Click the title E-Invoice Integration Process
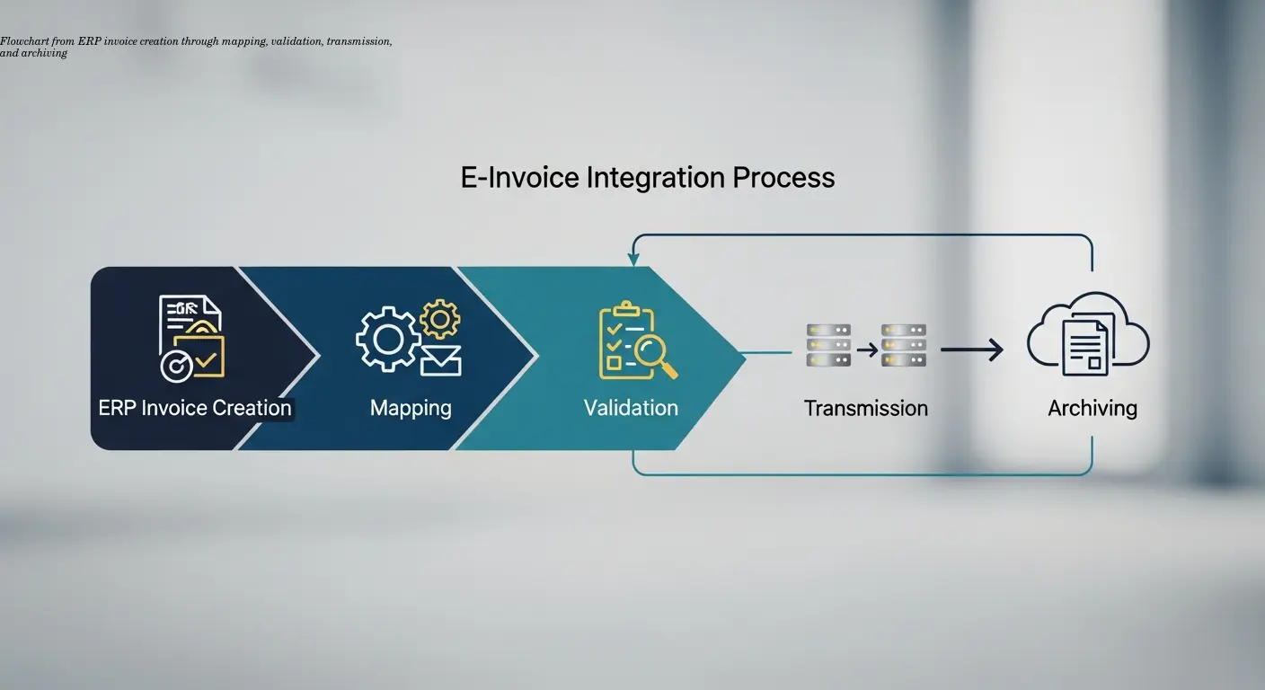(648, 177)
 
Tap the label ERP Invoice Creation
(195, 408)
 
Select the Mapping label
(411, 408)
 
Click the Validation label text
(631, 408)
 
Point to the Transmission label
(865, 409)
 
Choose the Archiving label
(1092, 409)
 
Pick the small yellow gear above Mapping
(439, 318)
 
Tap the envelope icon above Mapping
(440, 360)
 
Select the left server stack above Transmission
(827, 345)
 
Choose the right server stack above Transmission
(903, 345)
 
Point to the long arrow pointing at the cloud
(971, 349)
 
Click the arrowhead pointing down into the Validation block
(634, 259)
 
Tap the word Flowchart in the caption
(18, 42)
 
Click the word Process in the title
(783, 177)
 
